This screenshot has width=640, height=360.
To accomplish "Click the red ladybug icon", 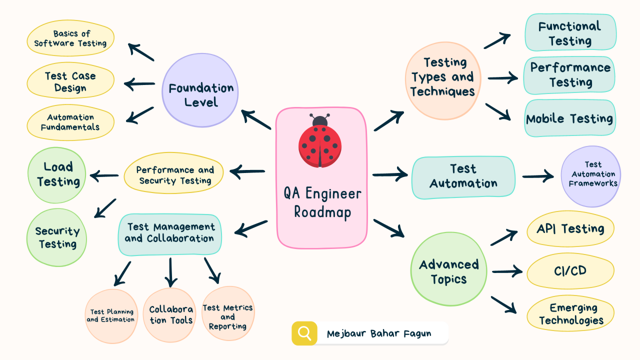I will (320, 143).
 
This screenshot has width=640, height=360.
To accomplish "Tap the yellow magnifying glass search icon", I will (304, 333).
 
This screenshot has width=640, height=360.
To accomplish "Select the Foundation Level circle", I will (200, 95).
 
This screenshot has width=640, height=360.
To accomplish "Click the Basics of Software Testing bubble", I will (70, 38).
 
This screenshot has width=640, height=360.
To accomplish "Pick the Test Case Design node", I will (70, 81).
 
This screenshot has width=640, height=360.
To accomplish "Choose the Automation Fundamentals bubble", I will (70, 122).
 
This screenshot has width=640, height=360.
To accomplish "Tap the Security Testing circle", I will (57, 237).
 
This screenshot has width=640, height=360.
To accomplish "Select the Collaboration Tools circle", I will (170, 315).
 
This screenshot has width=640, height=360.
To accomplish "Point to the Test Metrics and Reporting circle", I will (227, 316).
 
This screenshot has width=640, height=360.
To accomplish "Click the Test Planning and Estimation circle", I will (111, 316).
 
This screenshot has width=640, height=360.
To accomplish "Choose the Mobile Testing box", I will (569, 118).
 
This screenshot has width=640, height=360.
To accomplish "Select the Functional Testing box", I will (570, 32).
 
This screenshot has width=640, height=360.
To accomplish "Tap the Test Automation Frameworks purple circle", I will (592, 175).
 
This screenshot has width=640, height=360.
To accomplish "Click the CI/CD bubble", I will (570, 271).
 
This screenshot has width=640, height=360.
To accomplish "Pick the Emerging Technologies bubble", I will (570, 314).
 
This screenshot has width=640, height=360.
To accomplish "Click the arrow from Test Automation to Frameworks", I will (538, 176).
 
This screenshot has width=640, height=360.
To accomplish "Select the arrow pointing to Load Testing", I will (103, 175).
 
